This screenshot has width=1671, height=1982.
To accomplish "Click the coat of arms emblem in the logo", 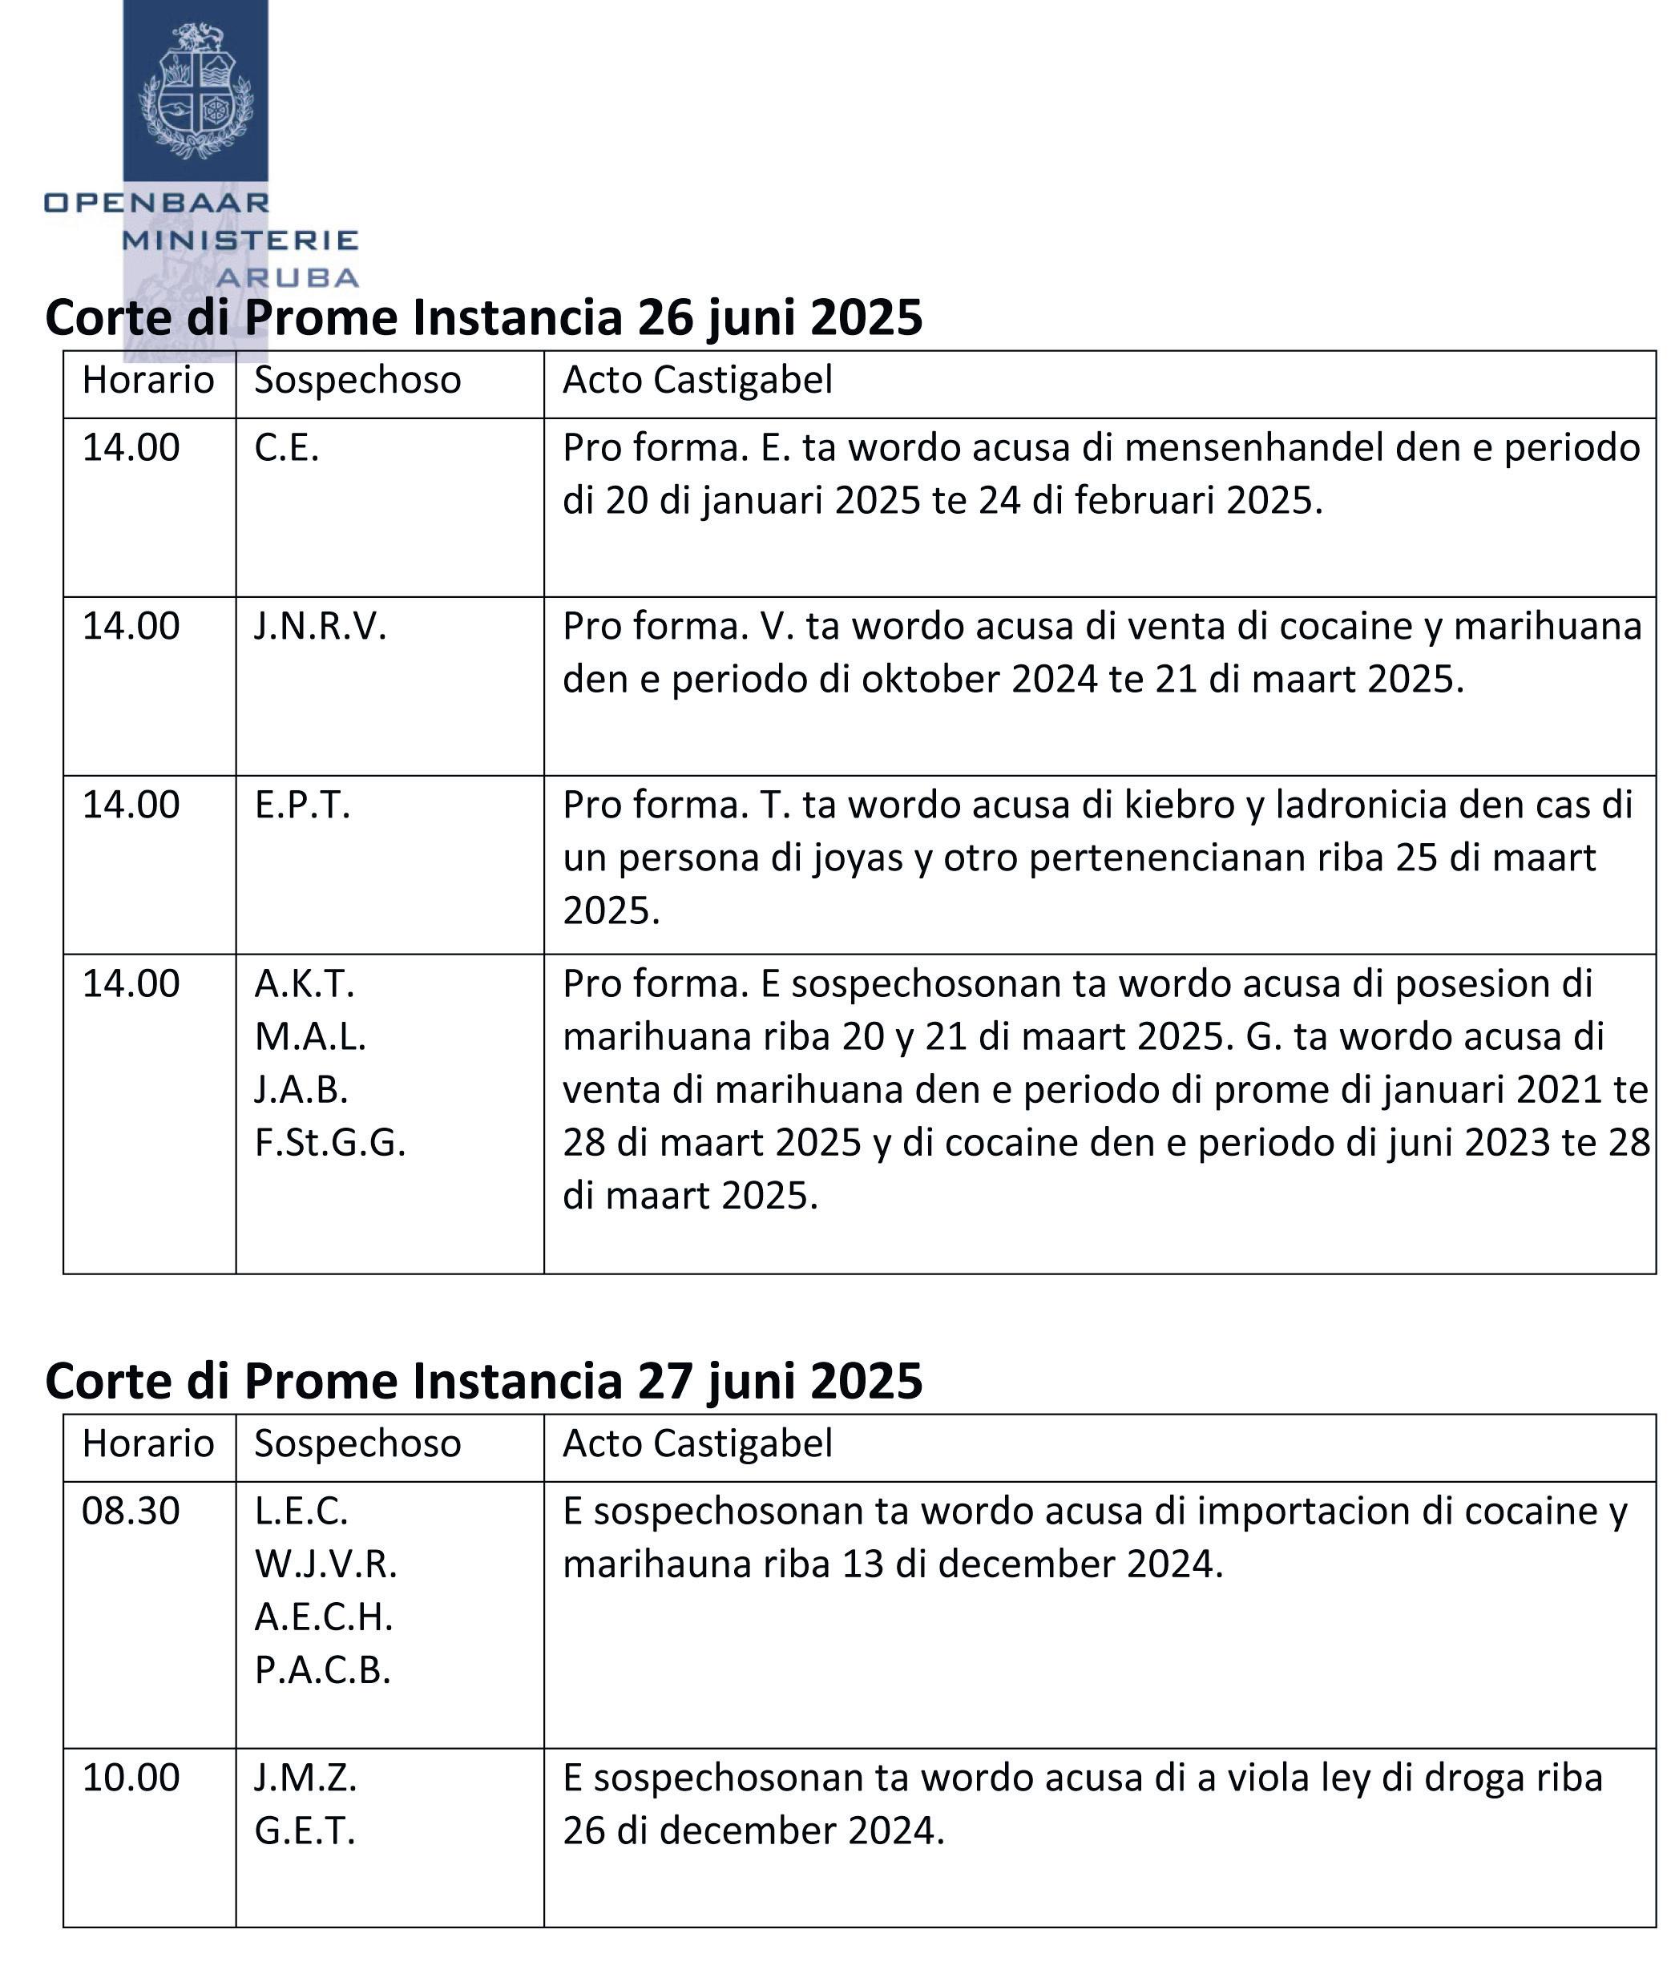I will click(196, 91).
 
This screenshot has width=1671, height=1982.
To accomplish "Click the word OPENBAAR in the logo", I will click(157, 202).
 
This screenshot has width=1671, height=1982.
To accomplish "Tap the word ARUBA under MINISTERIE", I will click(287, 277).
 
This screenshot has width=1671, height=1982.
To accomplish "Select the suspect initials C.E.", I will click(286, 448).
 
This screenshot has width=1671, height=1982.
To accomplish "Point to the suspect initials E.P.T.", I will click(302, 805).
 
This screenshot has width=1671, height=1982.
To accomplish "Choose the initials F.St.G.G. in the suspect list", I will click(329, 1144).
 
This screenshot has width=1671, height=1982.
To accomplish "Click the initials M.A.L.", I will click(310, 1037).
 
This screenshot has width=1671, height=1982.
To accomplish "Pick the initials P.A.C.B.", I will click(322, 1670).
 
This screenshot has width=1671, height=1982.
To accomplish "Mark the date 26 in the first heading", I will click(665, 317).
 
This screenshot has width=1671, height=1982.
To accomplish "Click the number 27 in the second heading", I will click(665, 1382).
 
